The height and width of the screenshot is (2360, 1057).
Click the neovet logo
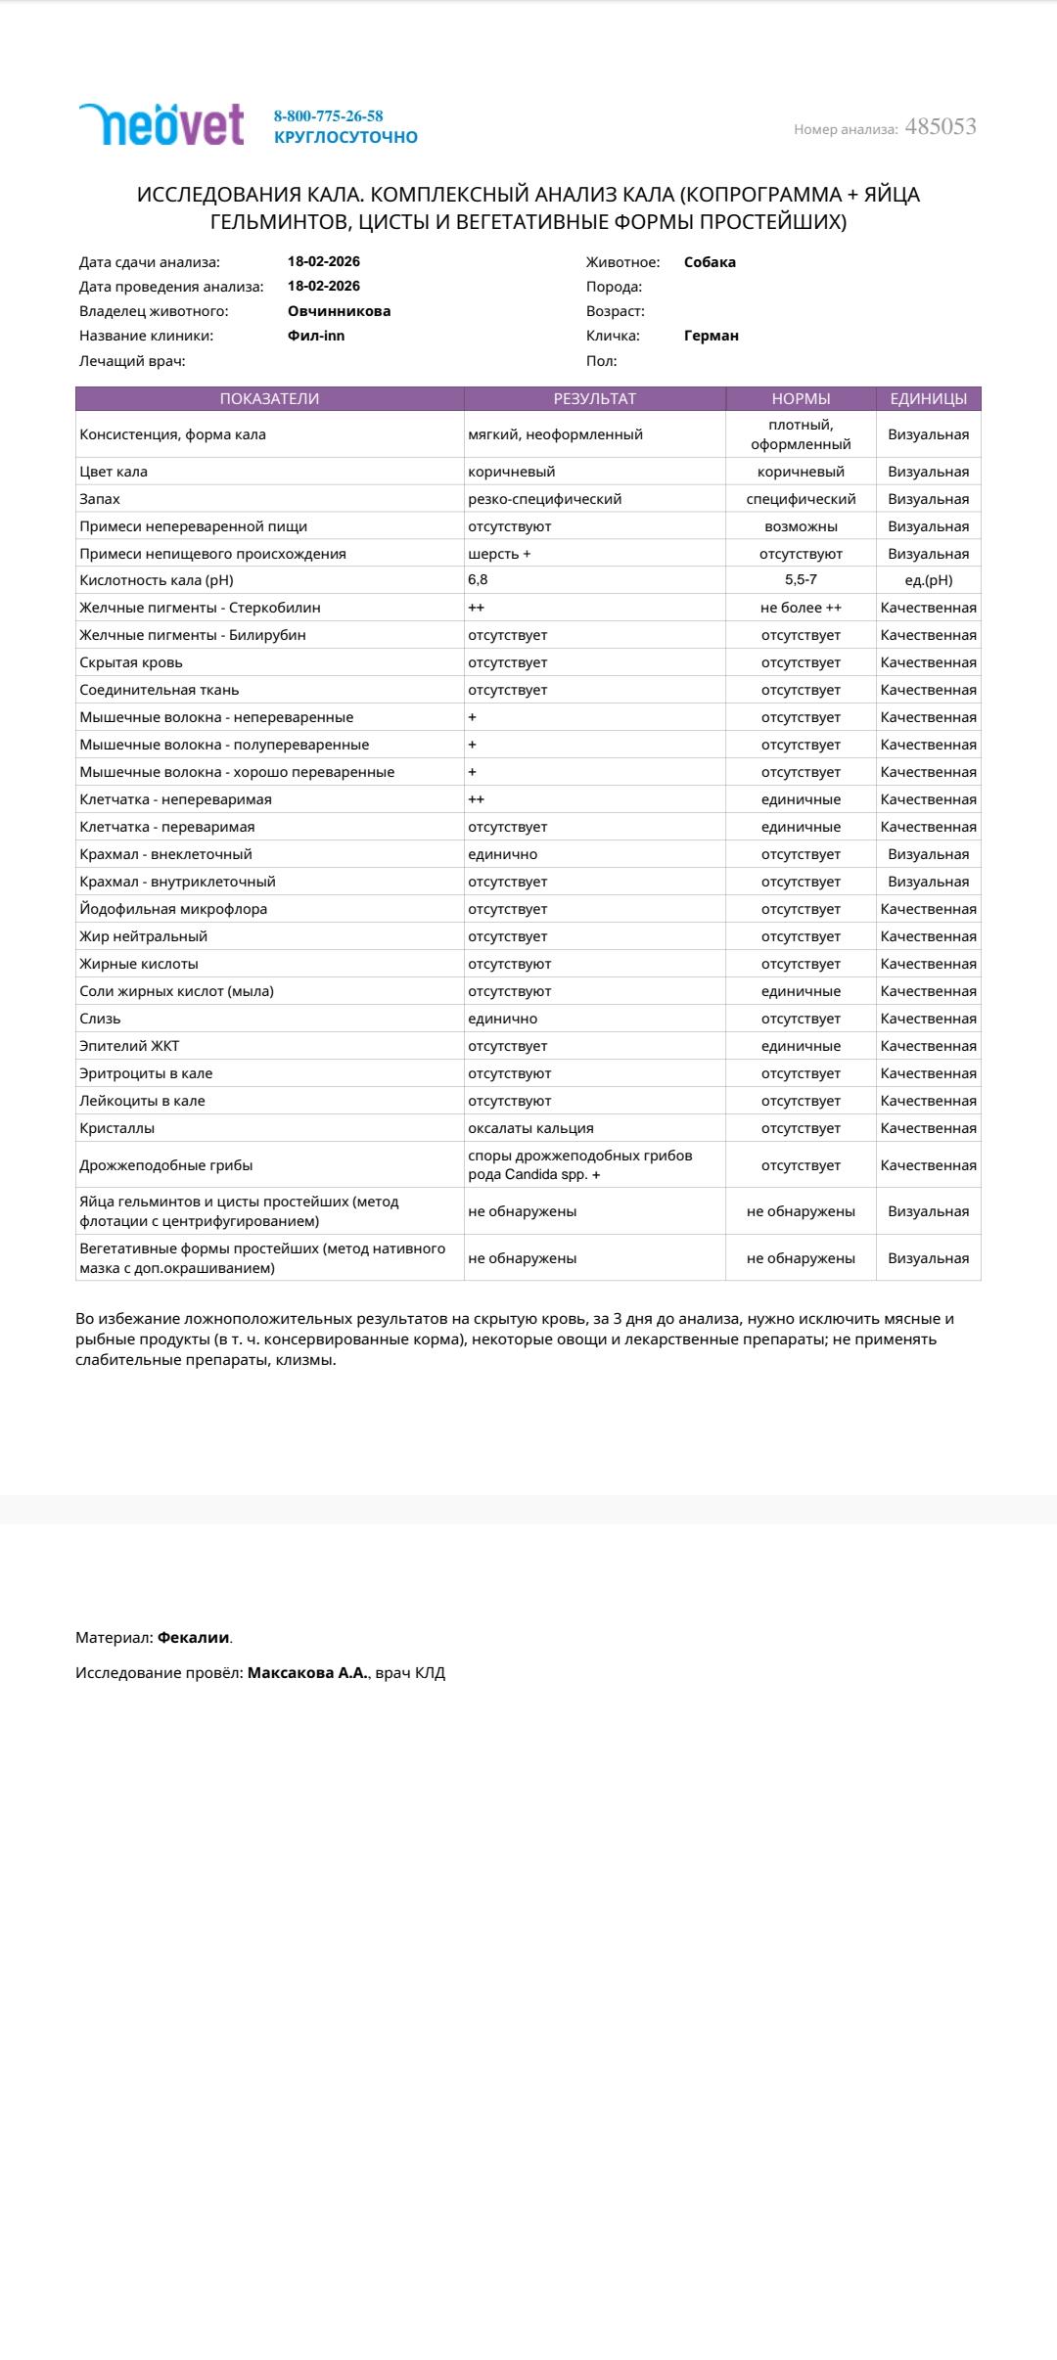(161, 125)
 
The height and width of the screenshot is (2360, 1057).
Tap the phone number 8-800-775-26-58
(328, 115)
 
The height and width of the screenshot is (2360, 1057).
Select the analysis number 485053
(940, 126)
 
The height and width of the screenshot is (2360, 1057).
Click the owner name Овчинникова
(339, 311)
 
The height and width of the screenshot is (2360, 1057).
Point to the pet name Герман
(711, 336)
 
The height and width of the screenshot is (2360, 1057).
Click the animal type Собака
(710, 262)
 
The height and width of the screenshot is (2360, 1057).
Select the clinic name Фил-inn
(316, 336)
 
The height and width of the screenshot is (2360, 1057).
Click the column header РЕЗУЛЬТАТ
(594, 398)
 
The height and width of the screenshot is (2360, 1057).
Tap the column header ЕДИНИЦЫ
(928, 398)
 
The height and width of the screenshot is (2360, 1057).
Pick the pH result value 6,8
(478, 579)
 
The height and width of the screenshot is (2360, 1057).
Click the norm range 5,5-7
(801, 579)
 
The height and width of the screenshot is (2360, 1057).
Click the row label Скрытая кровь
(131, 662)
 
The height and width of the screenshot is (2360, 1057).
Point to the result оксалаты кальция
(530, 1128)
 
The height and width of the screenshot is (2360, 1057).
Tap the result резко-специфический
(544, 499)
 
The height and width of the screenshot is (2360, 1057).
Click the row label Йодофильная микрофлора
(173, 909)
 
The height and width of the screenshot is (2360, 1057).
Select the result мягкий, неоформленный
(555, 434)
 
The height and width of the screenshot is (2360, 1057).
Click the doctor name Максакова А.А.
(307, 1672)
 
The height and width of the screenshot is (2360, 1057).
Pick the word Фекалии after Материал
(194, 1637)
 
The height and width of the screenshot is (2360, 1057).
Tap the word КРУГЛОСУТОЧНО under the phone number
(345, 137)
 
